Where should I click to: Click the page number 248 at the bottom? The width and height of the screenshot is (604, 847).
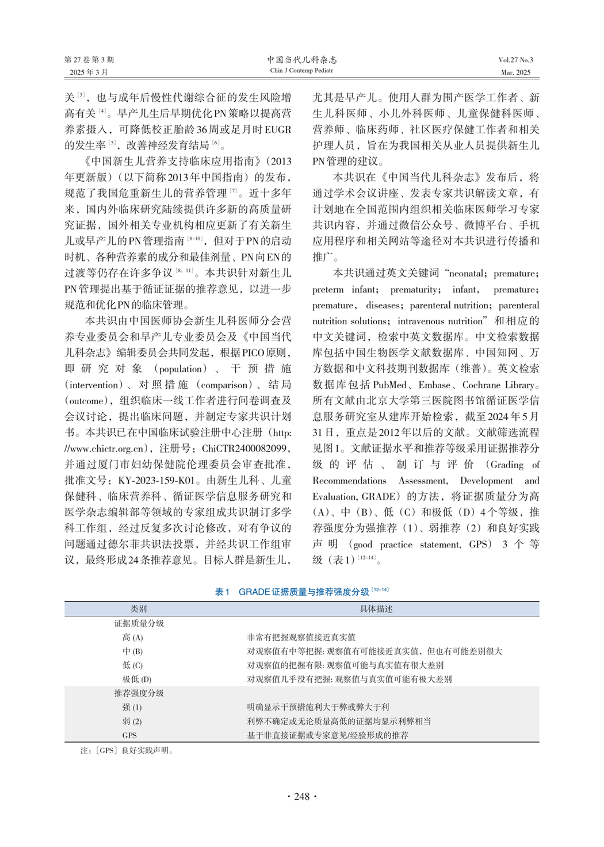pyautogui.click(x=302, y=796)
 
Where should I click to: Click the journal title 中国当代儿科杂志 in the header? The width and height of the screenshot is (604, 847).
pyautogui.click(x=302, y=59)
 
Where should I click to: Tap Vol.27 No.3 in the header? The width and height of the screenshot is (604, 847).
pyautogui.click(x=515, y=60)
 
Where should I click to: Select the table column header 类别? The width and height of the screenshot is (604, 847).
pyautogui.click(x=139, y=609)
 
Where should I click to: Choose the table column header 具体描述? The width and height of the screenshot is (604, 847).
pyautogui.click(x=376, y=609)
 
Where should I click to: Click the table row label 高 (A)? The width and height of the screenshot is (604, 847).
pyautogui.click(x=132, y=637)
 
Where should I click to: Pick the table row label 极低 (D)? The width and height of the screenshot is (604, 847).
pyautogui.click(x=136, y=679)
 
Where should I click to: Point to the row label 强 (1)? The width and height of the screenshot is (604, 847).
pyautogui.click(x=132, y=707)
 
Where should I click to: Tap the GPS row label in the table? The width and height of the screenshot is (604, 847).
pyautogui.click(x=129, y=735)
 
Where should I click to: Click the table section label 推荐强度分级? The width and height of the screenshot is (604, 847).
pyautogui.click(x=139, y=693)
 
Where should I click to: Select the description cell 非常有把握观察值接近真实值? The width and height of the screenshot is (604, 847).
pyautogui.click(x=301, y=637)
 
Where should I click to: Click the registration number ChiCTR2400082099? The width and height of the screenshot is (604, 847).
pyautogui.click(x=244, y=449)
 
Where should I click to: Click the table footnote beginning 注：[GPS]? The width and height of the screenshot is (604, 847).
pyautogui.click(x=127, y=750)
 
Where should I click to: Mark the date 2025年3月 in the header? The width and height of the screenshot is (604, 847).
pyautogui.click(x=89, y=72)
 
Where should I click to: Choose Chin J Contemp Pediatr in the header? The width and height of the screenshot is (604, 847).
pyautogui.click(x=301, y=71)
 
